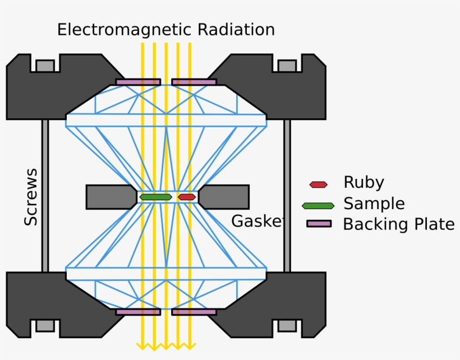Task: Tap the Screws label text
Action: click(31, 197)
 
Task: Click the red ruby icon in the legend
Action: click(318, 184)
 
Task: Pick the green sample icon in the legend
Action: click(318, 205)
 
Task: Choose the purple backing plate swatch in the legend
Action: click(319, 224)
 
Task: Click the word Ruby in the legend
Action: click(364, 183)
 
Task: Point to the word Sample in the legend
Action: click(374, 204)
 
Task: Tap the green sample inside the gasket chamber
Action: click(155, 197)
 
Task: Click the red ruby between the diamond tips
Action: click(187, 197)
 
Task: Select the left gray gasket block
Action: click(111, 197)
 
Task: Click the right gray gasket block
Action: click(224, 197)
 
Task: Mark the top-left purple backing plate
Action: click(138, 82)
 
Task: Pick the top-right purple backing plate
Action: click(194, 82)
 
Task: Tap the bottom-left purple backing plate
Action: click(138, 312)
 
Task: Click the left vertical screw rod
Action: click(45, 196)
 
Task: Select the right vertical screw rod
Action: click(287, 196)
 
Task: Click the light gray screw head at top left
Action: click(45, 66)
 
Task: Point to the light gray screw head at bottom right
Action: click(287, 325)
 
